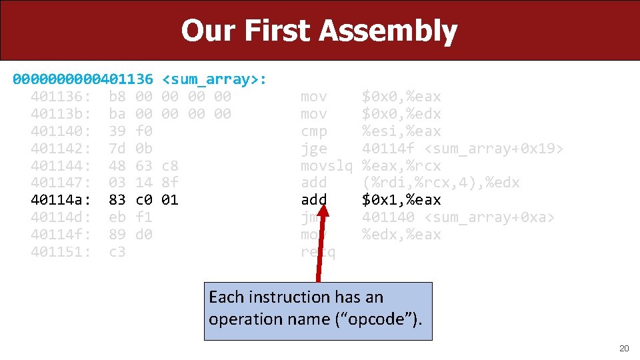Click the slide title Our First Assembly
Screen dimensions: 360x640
coord(319,31)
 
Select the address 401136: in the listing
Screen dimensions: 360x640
coord(61,97)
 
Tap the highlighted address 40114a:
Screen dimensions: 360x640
coord(61,200)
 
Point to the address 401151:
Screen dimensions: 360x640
coord(61,252)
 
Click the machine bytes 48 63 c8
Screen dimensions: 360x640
coord(143,165)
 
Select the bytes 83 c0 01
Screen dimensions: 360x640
coord(143,200)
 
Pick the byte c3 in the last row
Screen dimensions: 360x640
coord(117,252)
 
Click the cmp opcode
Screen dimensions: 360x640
coord(314,131)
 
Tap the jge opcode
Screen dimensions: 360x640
coord(314,149)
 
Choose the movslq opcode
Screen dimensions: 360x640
coord(327,165)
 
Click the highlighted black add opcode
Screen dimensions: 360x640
coord(314,200)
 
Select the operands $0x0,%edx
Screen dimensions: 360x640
coord(401,114)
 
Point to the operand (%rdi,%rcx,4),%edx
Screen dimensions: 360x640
coord(441,183)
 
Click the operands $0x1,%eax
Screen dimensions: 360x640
coord(401,200)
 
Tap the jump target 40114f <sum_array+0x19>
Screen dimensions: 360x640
coord(463,149)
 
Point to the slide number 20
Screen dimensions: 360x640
coord(623,348)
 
